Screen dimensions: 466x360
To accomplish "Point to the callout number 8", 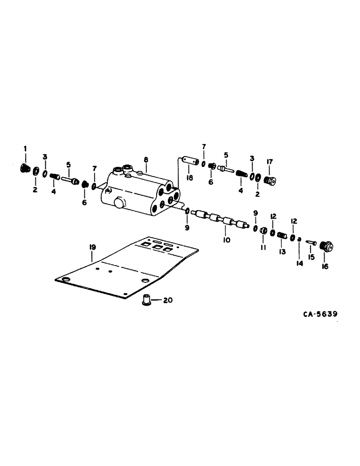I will click(145, 159).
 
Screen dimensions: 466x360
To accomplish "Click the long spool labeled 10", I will click(219, 219).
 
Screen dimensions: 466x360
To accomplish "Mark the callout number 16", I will click(325, 267).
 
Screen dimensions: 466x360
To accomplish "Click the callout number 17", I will click(269, 162).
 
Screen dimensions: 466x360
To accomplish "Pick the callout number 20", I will click(167, 301).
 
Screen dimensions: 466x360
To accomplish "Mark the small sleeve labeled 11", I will click(263, 231).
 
